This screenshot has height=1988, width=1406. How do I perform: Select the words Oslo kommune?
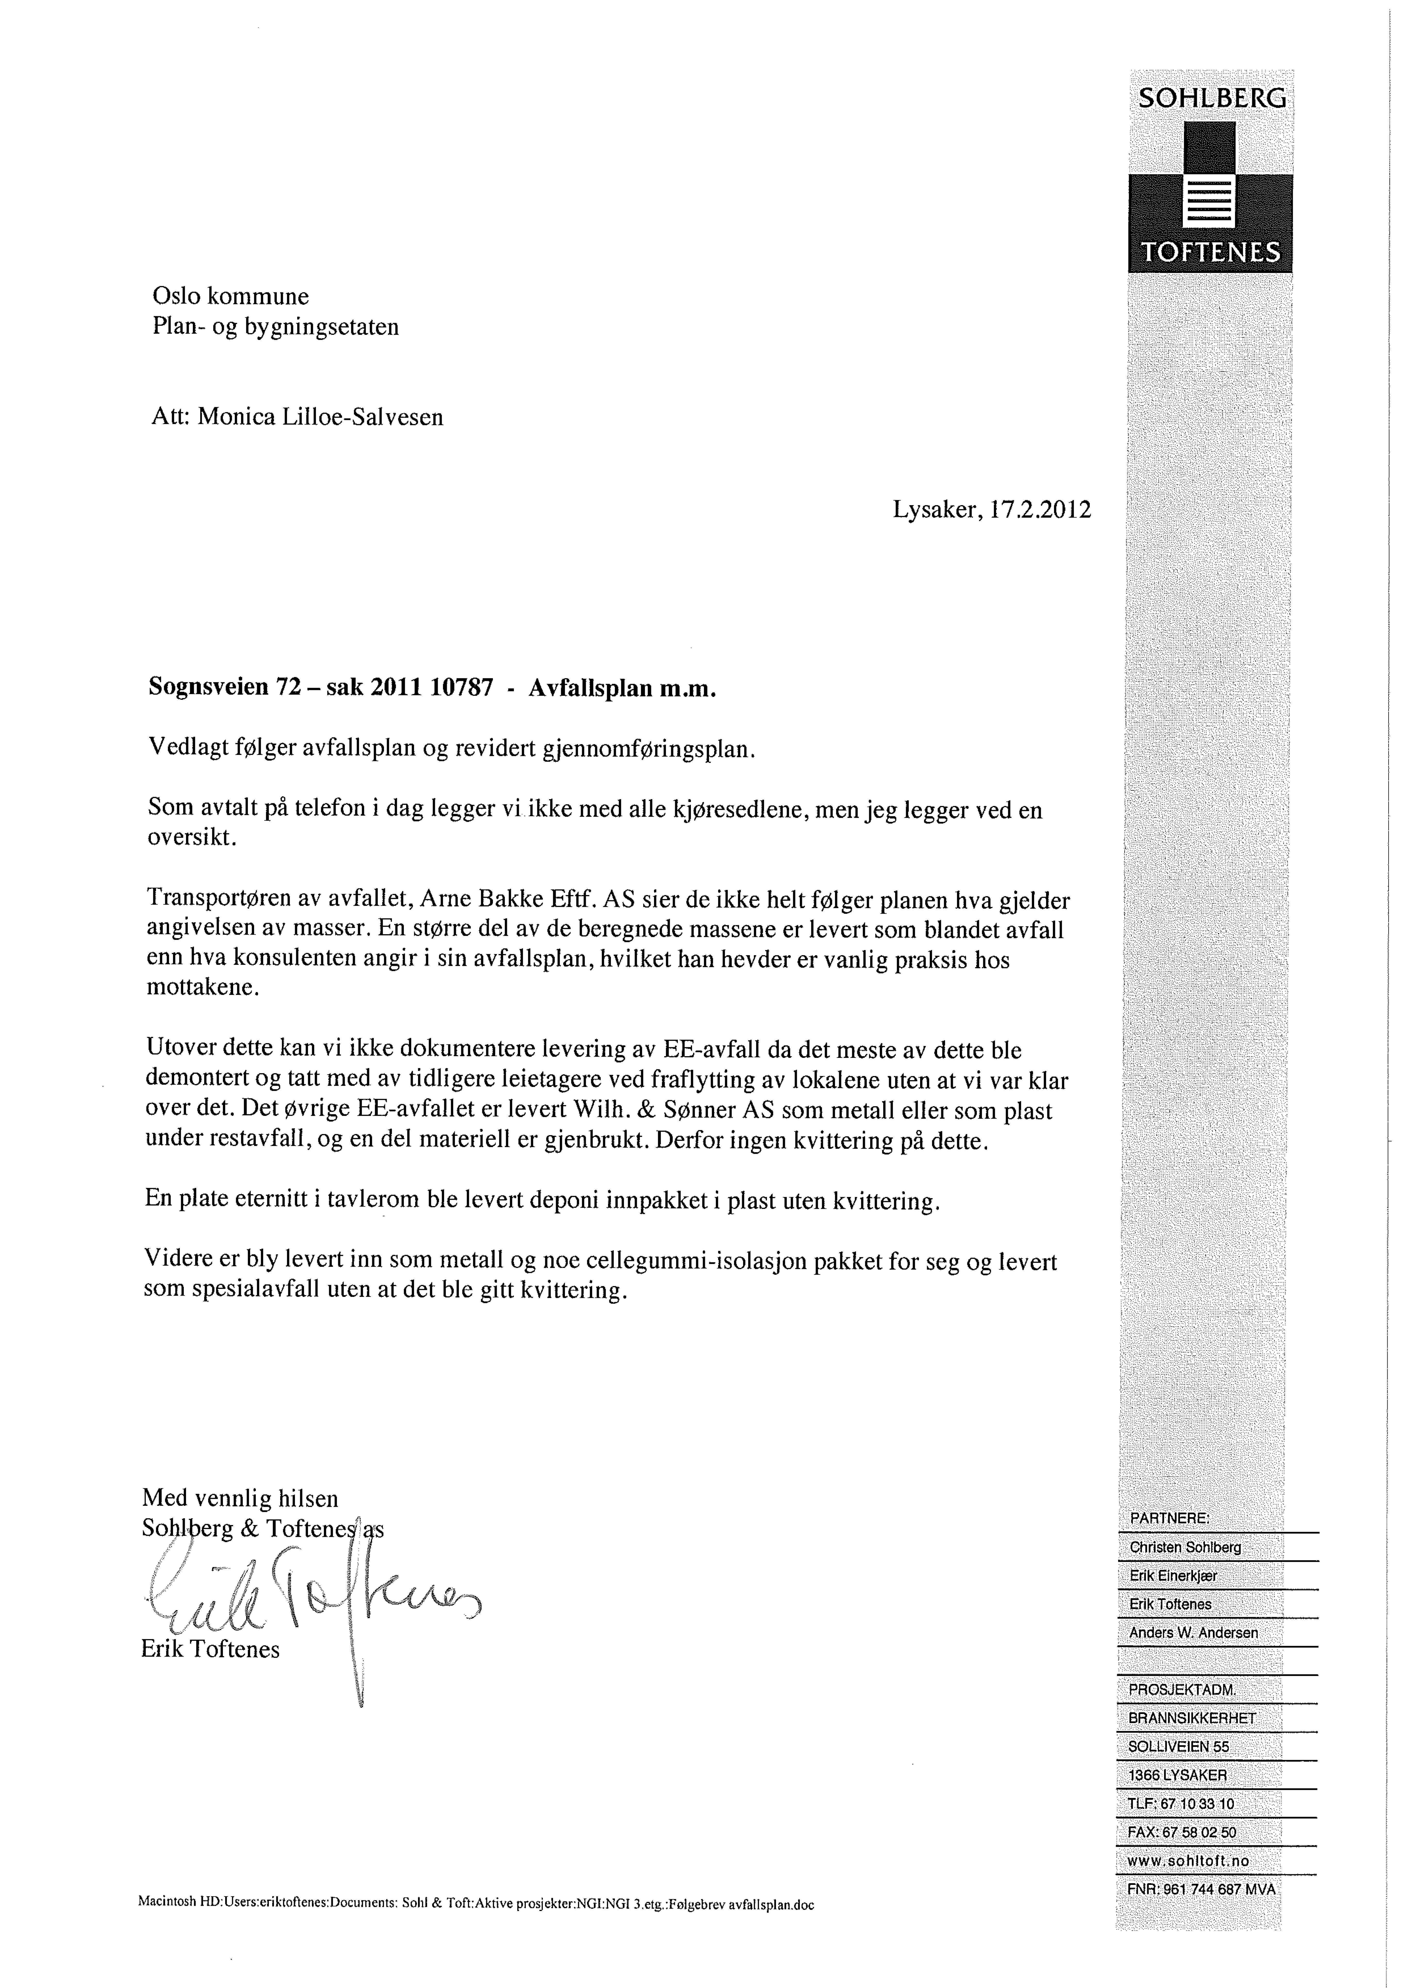230,297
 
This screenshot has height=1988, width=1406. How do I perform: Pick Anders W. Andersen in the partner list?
1193,1632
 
